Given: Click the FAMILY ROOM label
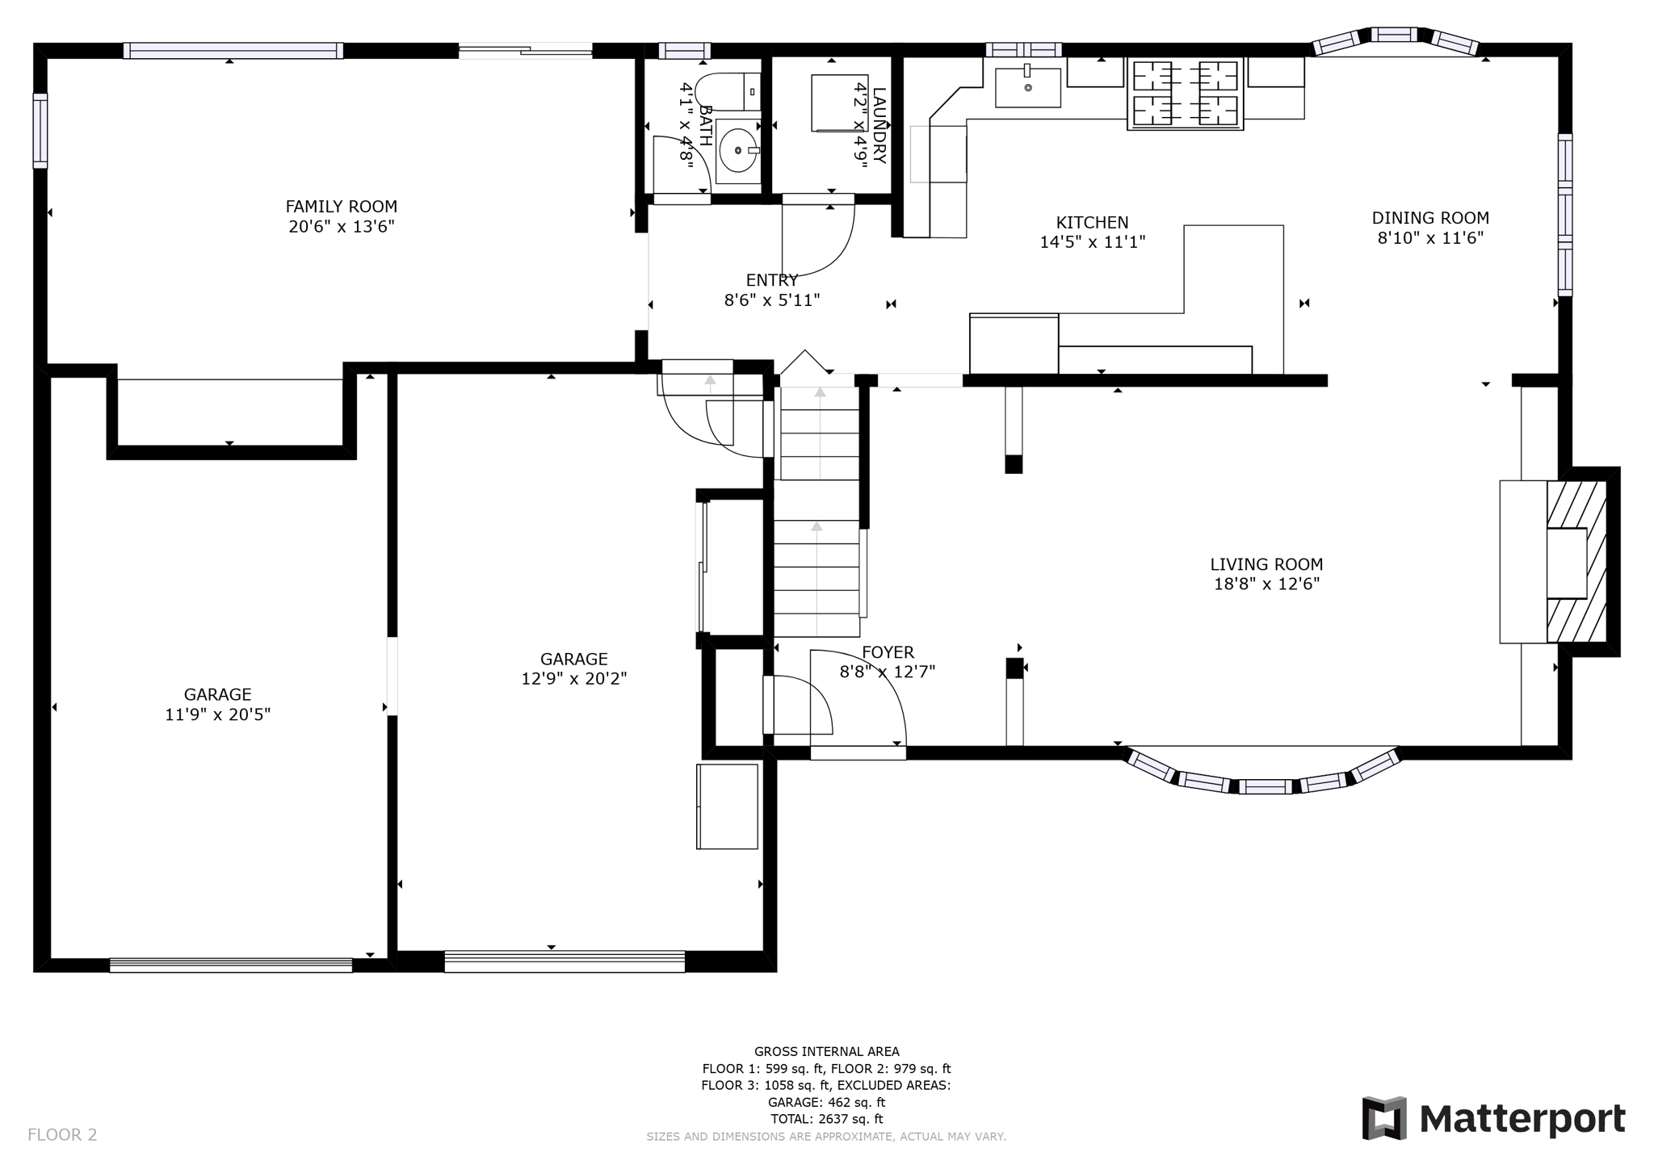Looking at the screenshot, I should tap(341, 207).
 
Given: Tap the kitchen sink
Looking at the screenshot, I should tap(1027, 87).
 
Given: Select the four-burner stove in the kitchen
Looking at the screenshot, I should tap(1185, 94).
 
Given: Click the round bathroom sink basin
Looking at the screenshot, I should tap(737, 151).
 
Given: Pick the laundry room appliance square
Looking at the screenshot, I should tap(838, 103).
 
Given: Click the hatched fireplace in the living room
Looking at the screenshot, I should tap(1576, 562).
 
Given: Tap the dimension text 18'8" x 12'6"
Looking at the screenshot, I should tap(1266, 584).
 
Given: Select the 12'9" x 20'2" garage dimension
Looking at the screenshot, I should tap(573, 679).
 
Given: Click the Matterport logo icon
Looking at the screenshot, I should tap(1384, 1118).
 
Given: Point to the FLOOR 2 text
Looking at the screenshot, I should tap(62, 1135).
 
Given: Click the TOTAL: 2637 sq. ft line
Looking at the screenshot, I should tap(826, 1119).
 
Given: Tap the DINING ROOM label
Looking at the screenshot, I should tap(1429, 218).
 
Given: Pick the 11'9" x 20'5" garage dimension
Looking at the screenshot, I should tap(217, 714).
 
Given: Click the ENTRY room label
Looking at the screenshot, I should tap(771, 280).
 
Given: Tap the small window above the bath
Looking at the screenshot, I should tap(683, 51).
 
